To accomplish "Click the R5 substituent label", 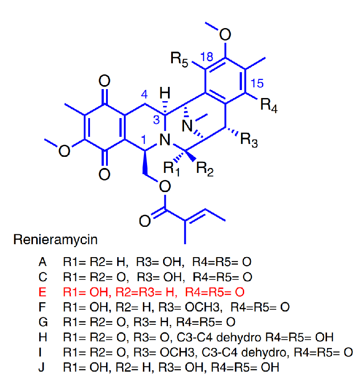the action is coord(179,59).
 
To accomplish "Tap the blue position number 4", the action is coord(143,95).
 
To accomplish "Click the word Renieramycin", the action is coord(55,240).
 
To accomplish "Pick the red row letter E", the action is coord(42,292).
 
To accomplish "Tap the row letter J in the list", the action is coord(42,367).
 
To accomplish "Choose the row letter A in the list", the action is coord(43,262).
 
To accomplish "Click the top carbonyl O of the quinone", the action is coord(104,81).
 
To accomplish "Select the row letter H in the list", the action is coord(43,337).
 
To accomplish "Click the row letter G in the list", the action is coord(43,322).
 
